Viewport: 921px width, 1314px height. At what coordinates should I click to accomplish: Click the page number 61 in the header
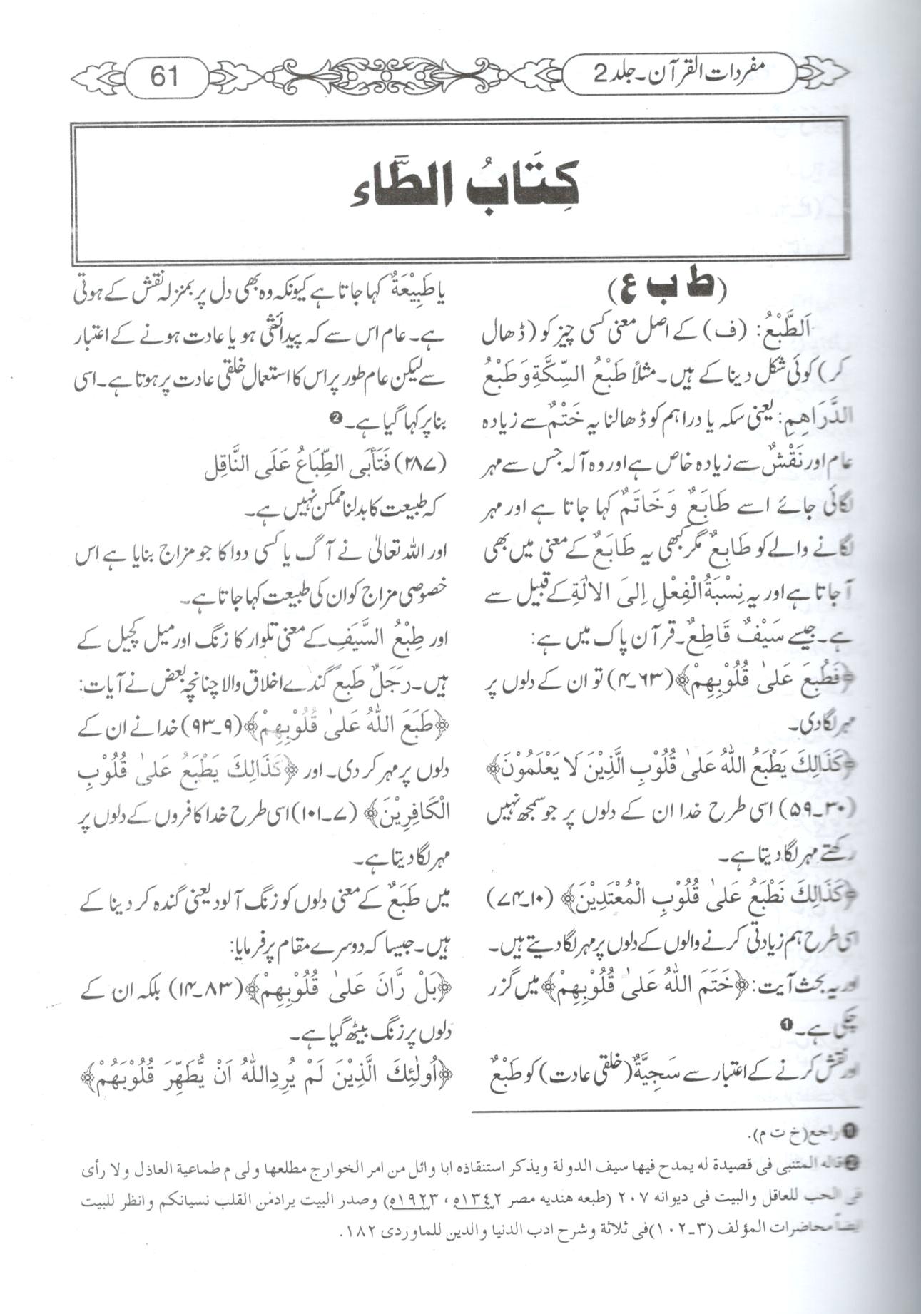point(165,74)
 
